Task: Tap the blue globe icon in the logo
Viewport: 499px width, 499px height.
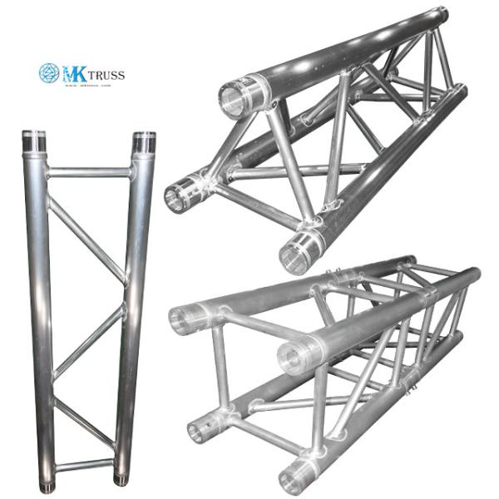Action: [49, 73]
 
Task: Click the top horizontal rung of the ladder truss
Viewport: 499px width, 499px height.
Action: [88, 173]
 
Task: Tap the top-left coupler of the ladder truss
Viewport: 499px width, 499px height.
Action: [34, 143]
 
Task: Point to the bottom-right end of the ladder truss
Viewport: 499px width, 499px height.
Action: [122, 479]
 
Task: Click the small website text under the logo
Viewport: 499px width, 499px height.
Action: [86, 86]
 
